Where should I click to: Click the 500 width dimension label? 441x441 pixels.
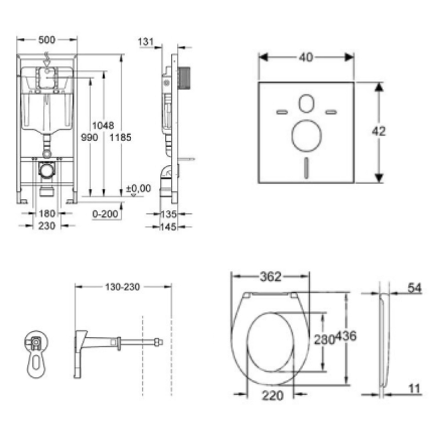tap(47, 40)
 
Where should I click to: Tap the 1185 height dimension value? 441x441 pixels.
tap(120, 137)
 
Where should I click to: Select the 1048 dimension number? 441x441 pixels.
tap(103, 125)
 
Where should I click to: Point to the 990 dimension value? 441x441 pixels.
tap(89, 137)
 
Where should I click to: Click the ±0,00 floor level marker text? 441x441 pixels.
tap(138, 188)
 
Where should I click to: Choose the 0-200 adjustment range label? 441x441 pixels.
tap(105, 214)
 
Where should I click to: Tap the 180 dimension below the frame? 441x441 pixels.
tap(47, 214)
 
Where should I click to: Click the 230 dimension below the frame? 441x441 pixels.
tap(47, 225)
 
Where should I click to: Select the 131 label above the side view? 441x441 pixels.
tap(146, 42)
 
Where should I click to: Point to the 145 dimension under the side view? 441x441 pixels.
tap(169, 227)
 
